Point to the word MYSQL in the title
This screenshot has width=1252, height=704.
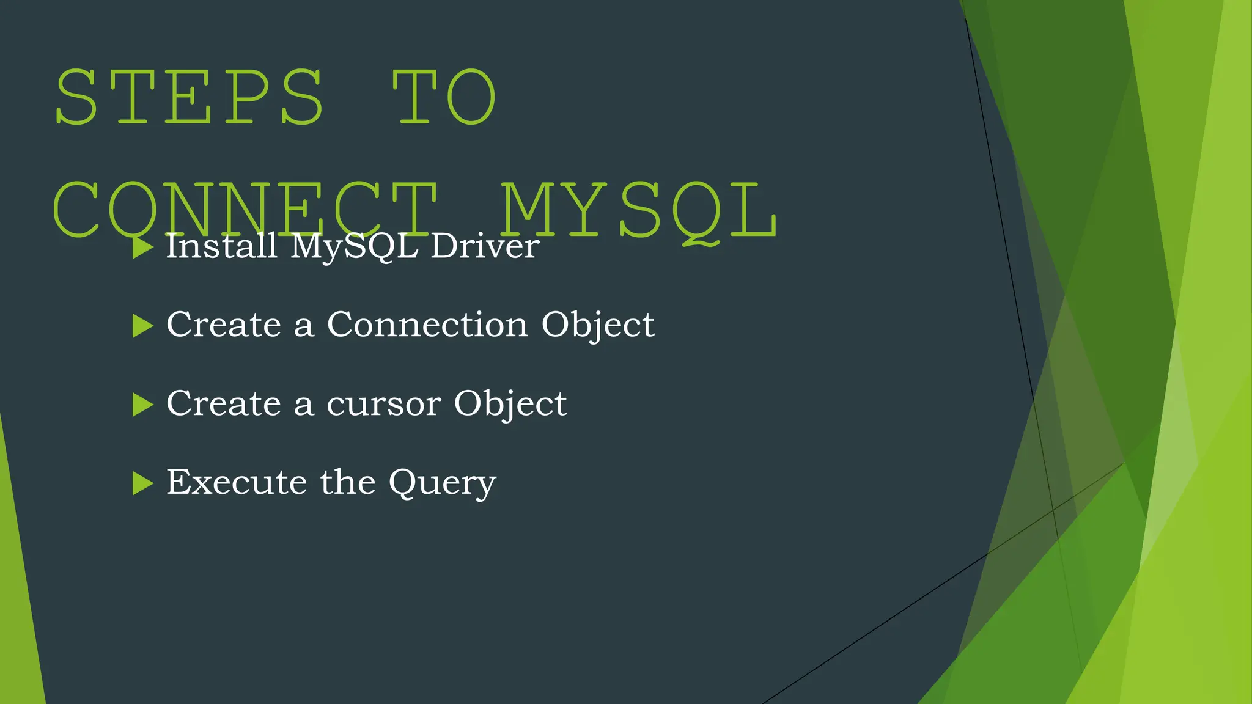point(639,210)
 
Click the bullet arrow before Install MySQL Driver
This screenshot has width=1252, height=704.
point(142,248)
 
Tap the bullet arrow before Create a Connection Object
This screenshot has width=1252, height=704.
point(142,326)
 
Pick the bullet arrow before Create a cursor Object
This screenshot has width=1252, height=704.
point(142,405)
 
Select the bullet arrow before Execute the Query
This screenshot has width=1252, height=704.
point(142,483)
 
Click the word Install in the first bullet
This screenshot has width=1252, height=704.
point(222,246)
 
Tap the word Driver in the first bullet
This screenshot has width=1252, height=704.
point(485,246)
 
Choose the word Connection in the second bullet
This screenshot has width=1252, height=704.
point(427,324)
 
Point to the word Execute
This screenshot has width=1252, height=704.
point(237,482)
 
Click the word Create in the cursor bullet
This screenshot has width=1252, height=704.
point(224,403)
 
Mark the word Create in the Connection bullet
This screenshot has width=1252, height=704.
point(224,324)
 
